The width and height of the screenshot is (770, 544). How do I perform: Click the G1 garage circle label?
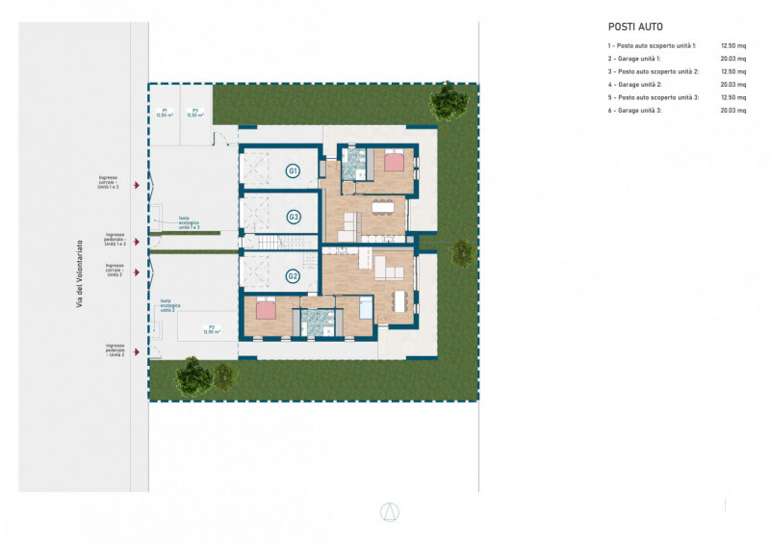[x=294, y=171]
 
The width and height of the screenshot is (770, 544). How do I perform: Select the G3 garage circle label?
[x=294, y=218]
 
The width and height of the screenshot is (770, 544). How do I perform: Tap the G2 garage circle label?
[x=294, y=276]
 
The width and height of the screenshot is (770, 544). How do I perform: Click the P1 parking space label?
[x=165, y=113]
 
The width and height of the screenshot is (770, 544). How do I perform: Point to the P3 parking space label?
[x=192, y=113]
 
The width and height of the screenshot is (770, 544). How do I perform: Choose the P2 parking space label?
[x=211, y=329]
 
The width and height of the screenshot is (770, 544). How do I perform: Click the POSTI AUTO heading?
[x=635, y=27]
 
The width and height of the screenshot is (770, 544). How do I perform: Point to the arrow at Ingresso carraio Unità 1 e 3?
[x=141, y=184]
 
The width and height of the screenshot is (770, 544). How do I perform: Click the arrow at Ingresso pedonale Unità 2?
[x=141, y=350]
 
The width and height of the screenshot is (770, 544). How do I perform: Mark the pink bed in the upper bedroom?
[x=394, y=162]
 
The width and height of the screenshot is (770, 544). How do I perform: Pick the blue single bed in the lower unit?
[x=366, y=307]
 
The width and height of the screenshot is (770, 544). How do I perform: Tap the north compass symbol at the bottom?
[x=390, y=511]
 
